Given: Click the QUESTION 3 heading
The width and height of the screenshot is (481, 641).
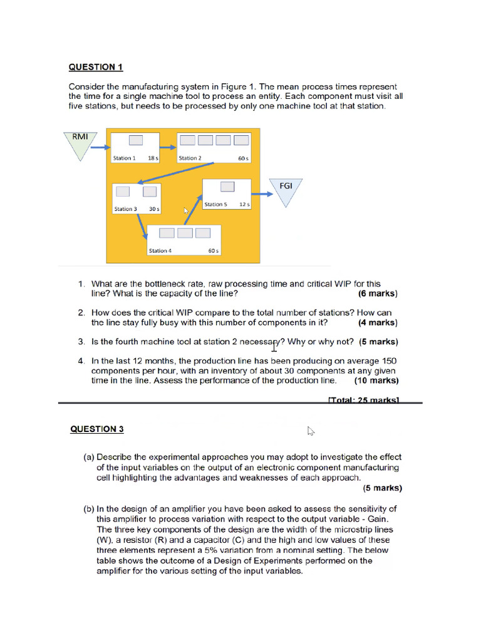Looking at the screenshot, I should point(96,429).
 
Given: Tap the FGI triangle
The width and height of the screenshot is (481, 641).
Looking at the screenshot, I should point(286,190).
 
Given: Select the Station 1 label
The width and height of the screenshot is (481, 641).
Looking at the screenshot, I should point(123,158).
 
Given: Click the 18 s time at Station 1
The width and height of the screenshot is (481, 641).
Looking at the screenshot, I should point(153,158).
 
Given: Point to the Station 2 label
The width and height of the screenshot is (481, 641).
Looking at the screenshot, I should point(190,158).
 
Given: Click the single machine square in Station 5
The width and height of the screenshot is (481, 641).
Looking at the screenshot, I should point(227,187).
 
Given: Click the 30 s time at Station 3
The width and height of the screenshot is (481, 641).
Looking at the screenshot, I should point(153,209).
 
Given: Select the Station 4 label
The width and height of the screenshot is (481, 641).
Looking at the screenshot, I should point(159,251).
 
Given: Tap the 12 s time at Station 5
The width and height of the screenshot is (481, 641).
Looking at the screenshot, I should point(244,205).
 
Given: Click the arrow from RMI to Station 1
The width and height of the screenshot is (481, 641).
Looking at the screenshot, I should point(99,148).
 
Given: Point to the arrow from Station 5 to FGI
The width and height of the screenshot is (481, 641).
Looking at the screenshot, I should point(262,193).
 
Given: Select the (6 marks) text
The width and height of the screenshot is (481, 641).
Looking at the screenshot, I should point(377,294).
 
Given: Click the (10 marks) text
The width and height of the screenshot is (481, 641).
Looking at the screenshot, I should point(376,380).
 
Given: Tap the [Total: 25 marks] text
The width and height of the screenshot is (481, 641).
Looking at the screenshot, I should point(363,401).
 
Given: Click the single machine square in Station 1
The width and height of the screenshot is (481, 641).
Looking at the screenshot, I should point(136,140).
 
